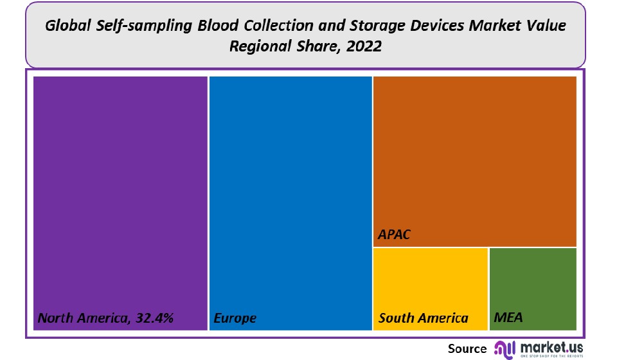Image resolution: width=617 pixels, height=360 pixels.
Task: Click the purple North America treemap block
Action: [x=120, y=193]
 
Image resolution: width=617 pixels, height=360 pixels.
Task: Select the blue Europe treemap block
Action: [x=291, y=193]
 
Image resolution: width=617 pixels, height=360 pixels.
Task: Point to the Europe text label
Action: [x=235, y=318]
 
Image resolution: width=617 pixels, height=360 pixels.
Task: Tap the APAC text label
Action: [x=394, y=235]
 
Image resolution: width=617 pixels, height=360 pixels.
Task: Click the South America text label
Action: [x=424, y=318]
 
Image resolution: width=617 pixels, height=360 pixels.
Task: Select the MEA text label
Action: [x=508, y=318]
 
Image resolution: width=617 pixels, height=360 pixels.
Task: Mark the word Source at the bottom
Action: [x=467, y=348]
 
